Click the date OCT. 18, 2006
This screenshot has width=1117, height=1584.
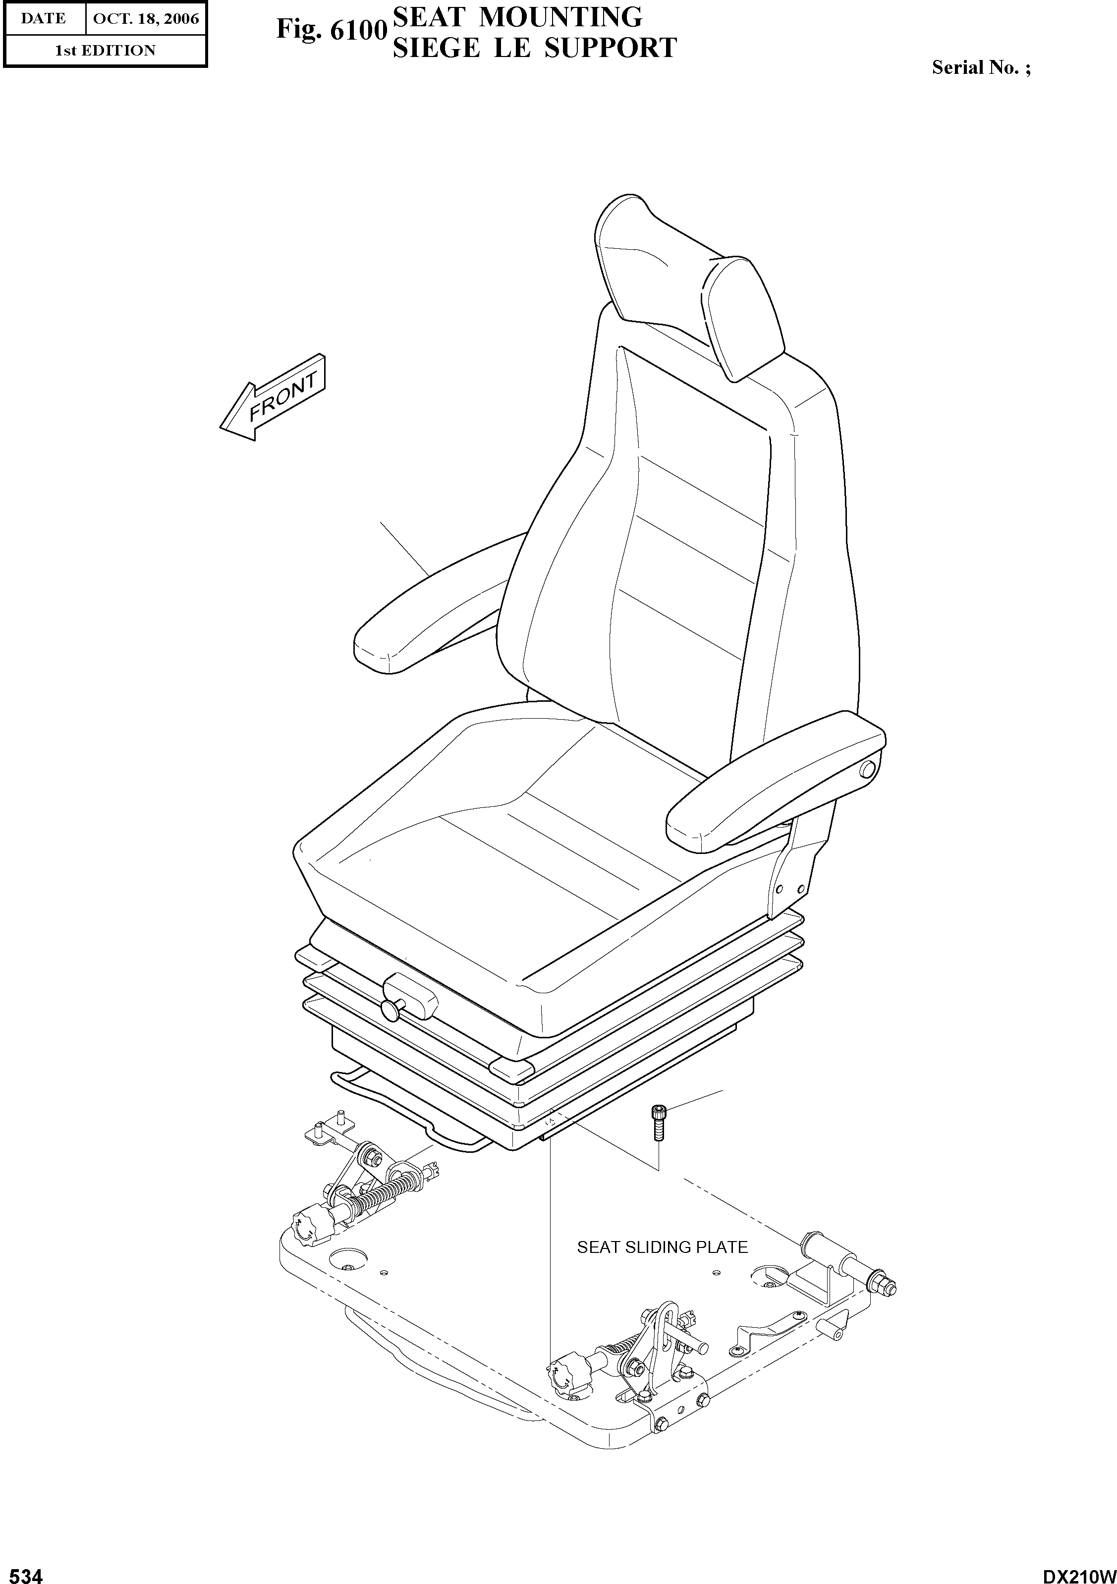pyautogui.click(x=146, y=19)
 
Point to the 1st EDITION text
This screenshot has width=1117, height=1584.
pyautogui.click(x=105, y=51)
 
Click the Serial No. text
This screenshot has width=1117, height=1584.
pyautogui.click(x=981, y=67)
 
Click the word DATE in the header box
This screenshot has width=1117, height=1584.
pyautogui.click(x=43, y=19)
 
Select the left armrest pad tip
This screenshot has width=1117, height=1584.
pyautogui.click(x=376, y=645)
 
